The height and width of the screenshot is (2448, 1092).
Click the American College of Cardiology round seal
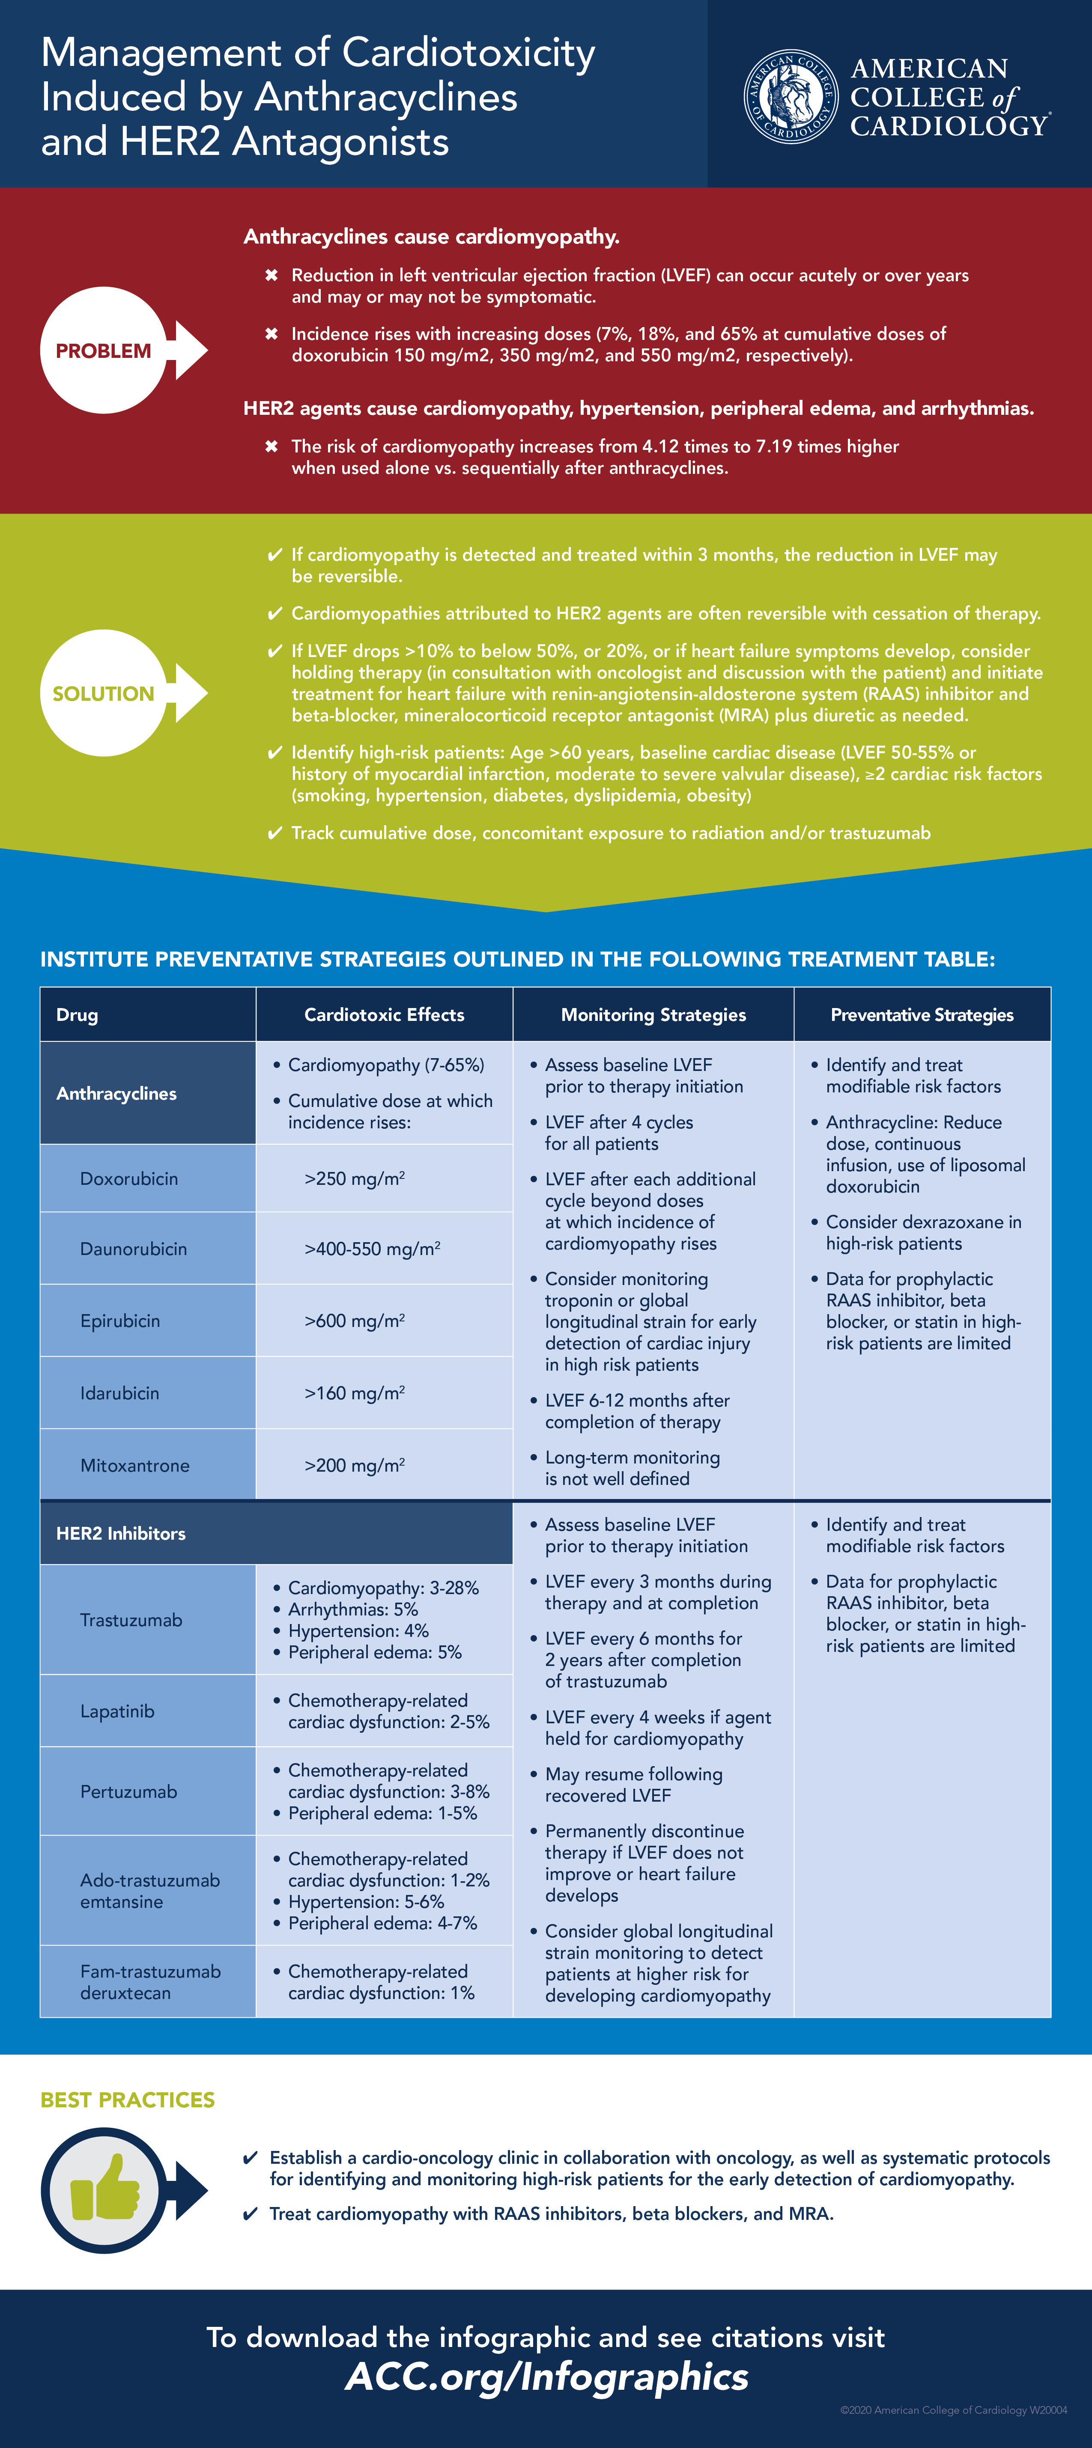coord(791,96)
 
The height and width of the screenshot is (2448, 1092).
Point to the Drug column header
coord(77,1015)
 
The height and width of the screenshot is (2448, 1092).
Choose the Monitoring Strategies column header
coord(653,1015)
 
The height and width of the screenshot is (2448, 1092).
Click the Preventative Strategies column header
coord(922,1015)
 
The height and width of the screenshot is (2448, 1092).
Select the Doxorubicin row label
coord(129,1178)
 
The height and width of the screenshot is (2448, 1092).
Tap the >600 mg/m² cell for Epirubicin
coord(355,1321)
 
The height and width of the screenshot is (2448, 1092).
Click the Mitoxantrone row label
coord(135,1465)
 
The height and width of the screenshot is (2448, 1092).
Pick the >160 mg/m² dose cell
coord(355,1393)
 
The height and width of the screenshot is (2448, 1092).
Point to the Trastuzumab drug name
coord(131,1620)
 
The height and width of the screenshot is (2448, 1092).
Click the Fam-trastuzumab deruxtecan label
coord(150,1982)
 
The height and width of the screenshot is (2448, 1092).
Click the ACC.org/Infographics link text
coord(546,2377)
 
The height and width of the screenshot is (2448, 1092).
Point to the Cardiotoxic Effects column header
coord(384,1015)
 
